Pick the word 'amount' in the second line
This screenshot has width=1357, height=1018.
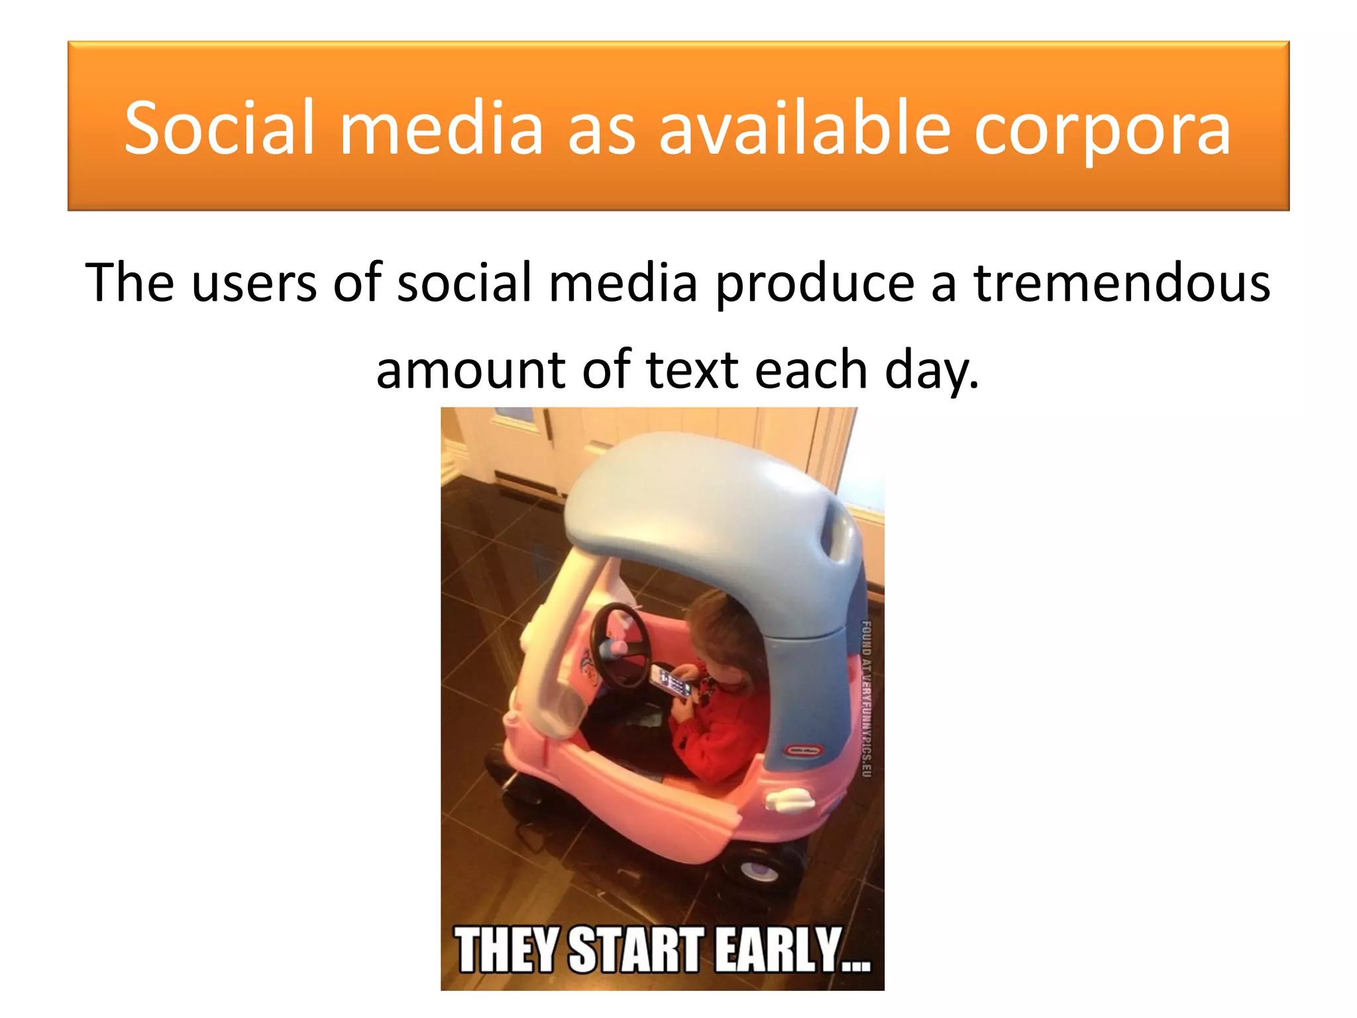(x=470, y=370)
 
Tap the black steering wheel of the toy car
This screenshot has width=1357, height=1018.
(x=620, y=646)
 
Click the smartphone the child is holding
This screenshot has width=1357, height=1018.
(x=671, y=681)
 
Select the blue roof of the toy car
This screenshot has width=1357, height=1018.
(x=702, y=504)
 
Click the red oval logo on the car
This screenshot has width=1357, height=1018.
(x=804, y=750)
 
